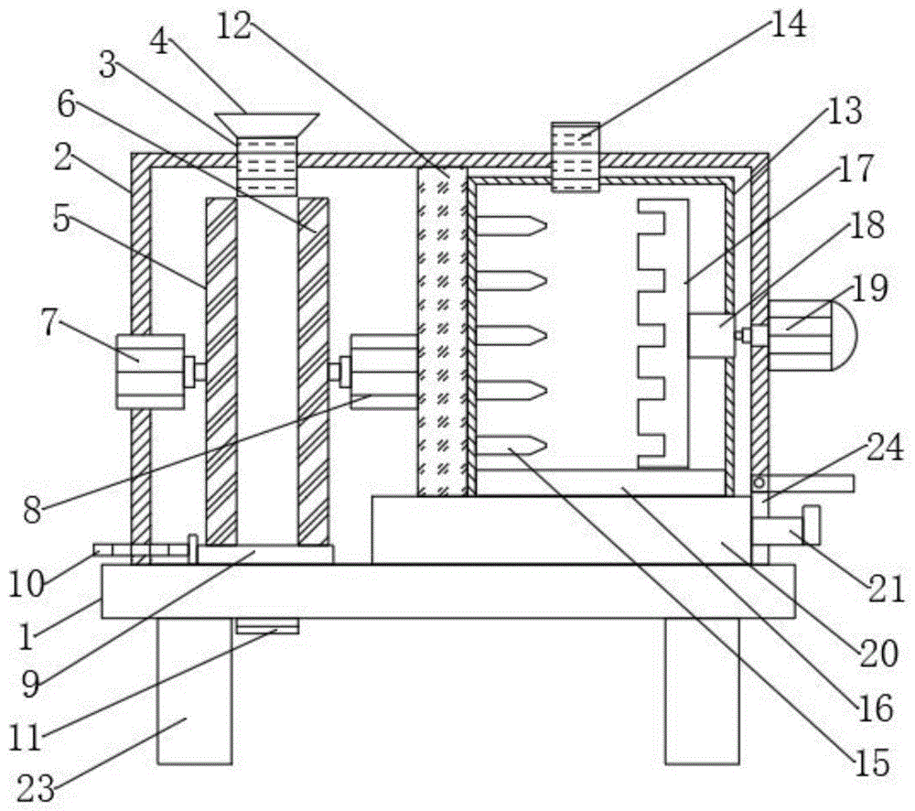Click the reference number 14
789,25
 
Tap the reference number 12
235,25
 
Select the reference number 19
870,288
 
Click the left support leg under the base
195,690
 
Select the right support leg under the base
702,690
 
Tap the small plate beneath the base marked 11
267,626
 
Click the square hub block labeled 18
711,336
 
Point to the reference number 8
33,509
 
